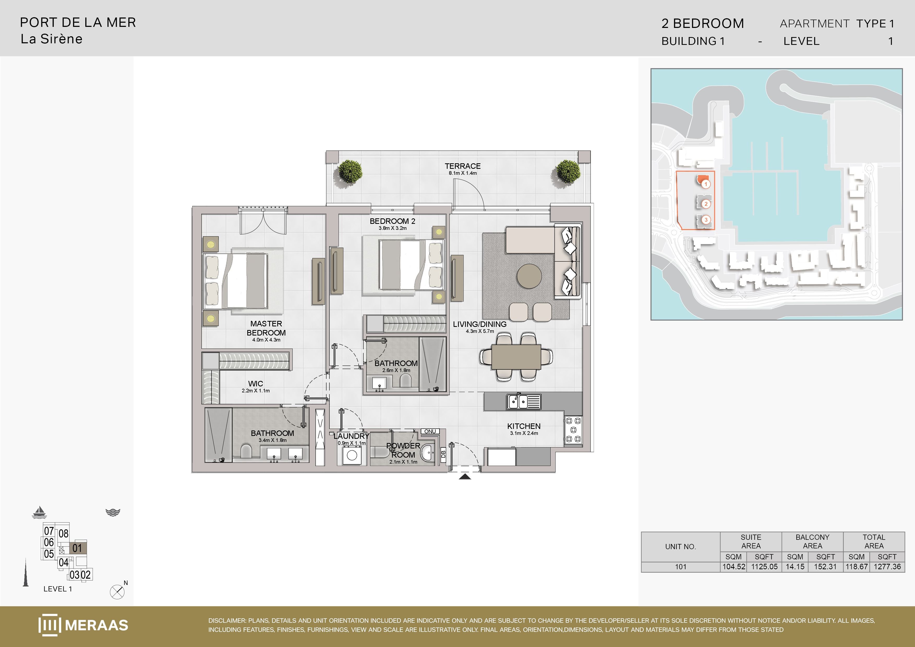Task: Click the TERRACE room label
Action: click(x=463, y=166)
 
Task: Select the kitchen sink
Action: click(x=524, y=402)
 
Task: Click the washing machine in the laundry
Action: click(x=352, y=455)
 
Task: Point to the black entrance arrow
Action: click(x=465, y=476)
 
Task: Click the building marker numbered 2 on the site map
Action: click(x=706, y=204)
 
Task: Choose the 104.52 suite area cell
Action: click(x=734, y=566)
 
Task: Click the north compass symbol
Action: click(x=117, y=592)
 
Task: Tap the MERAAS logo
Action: click(x=83, y=625)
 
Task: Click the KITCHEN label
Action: click(x=524, y=426)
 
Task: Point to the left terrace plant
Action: click(x=350, y=171)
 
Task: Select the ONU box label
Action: click(x=430, y=431)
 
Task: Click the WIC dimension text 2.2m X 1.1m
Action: click(x=255, y=391)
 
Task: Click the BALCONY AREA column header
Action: click(x=812, y=541)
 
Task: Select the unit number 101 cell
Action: click(x=681, y=566)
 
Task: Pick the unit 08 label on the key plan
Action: click(x=63, y=534)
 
